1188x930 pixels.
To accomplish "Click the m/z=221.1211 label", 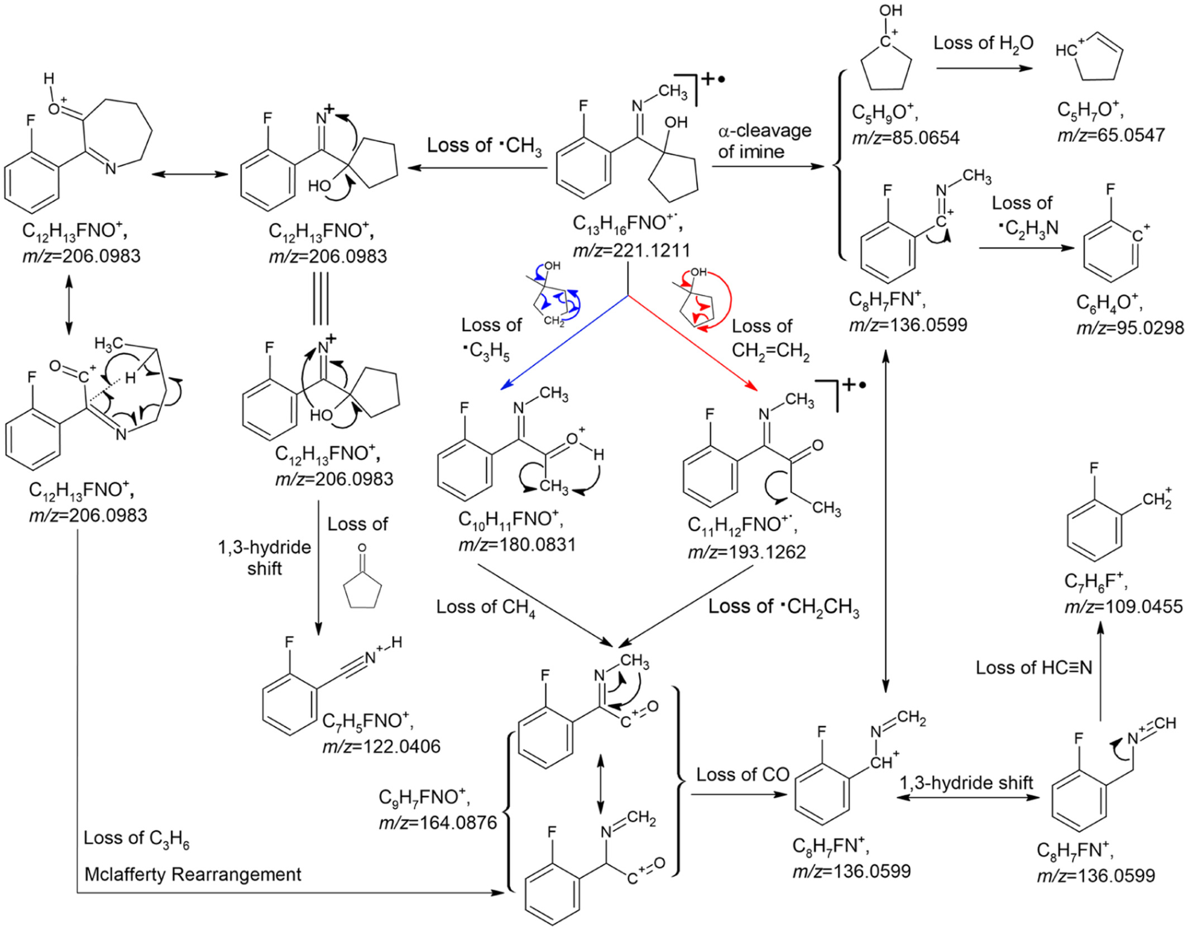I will point(631,250).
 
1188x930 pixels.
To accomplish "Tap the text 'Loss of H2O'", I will point(983,44).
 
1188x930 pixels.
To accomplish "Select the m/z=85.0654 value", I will point(906,137).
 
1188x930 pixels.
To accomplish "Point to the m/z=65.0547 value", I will point(1111,135).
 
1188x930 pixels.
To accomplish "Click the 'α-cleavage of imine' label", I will point(764,141).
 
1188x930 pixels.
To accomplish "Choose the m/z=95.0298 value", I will point(1130,328).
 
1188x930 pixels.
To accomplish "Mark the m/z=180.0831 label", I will point(517,545).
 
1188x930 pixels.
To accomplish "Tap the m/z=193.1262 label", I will point(746,552).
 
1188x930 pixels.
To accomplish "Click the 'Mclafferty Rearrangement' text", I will point(193,874).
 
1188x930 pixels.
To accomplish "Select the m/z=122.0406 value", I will point(381,746).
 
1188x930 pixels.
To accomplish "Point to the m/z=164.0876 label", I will point(438,823).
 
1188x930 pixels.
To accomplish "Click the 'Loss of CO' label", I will point(742,775).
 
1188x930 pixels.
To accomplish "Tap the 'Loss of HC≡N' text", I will point(1034,667).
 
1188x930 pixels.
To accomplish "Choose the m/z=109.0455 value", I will point(1123,607).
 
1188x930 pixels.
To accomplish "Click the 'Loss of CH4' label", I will point(486,607).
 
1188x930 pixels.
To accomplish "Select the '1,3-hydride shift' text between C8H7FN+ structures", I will point(966,783).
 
